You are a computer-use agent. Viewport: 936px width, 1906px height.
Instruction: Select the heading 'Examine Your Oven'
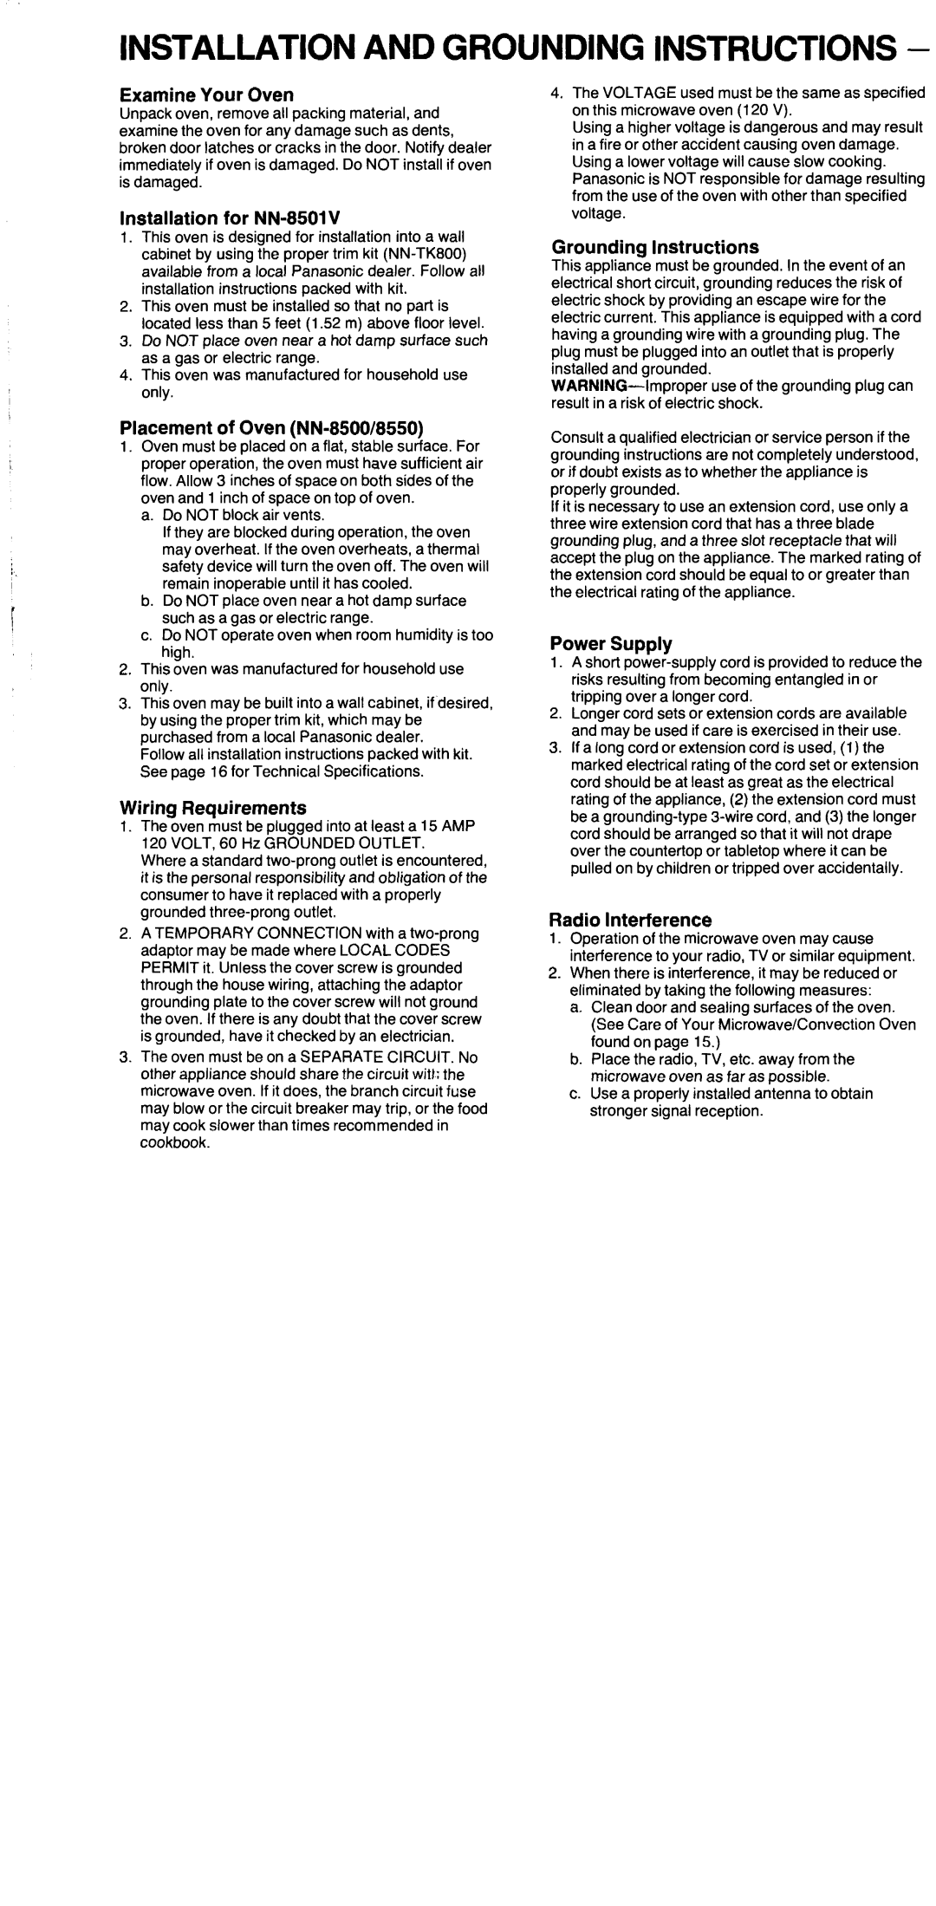(206, 94)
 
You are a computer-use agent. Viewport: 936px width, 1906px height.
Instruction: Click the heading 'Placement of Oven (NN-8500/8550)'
(270, 428)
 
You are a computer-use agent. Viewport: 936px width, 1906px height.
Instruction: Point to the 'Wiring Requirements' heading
(212, 807)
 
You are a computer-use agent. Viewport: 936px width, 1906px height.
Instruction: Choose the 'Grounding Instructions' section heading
(655, 247)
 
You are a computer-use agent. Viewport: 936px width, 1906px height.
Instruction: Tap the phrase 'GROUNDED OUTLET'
(354, 842)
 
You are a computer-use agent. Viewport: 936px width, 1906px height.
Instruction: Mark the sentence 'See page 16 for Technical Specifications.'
(283, 771)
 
